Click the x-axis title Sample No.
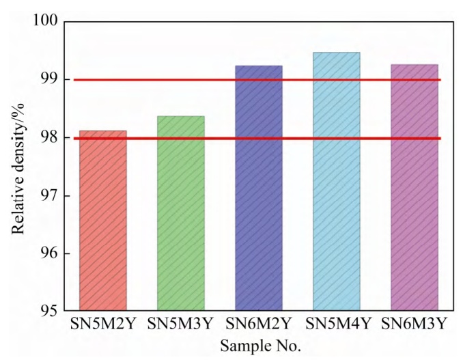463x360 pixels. click(x=260, y=346)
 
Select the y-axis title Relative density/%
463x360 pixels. click(x=18, y=167)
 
